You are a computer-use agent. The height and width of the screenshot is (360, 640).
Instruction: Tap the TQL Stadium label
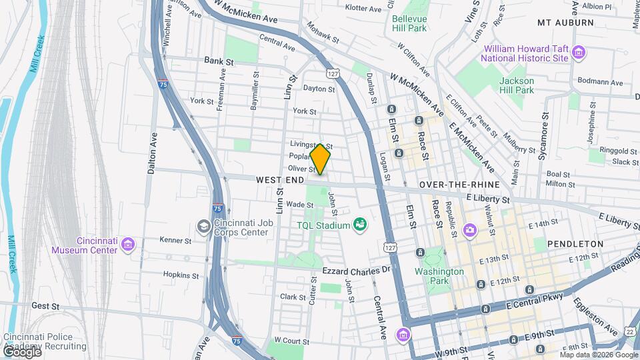pos(323,225)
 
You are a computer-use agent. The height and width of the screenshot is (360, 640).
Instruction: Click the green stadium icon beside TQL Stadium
pos(361,225)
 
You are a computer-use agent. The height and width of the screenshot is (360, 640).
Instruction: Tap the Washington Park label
pos(439,277)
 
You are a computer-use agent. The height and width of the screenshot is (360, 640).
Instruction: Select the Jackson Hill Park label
pos(517,85)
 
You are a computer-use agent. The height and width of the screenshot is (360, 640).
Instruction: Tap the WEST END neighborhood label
pos(280,181)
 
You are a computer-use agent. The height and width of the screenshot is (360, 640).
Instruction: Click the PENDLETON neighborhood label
pos(575,245)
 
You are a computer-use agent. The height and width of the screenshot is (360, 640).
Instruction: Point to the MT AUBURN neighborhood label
pos(565,23)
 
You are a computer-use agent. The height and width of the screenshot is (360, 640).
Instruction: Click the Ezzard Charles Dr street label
pos(355,271)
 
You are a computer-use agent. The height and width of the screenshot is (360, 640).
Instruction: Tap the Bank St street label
pos(219,61)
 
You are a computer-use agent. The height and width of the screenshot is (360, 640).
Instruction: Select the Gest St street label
pos(46,306)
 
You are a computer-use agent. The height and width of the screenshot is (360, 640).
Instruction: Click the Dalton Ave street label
pos(153,153)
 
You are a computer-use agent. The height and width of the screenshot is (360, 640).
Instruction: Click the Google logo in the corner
pos(22,351)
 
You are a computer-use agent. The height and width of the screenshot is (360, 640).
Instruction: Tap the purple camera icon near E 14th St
pos(471,230)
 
